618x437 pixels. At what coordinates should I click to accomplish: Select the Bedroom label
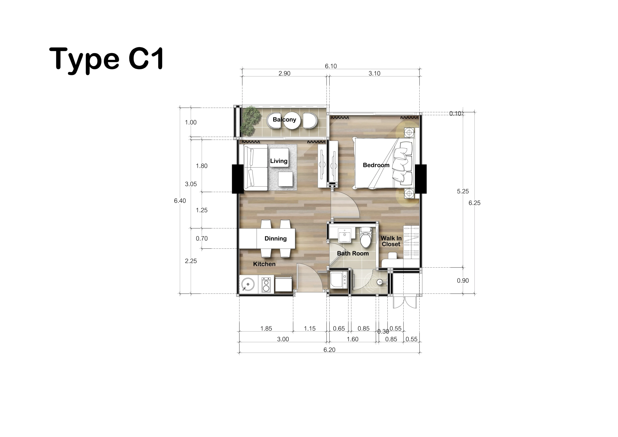[376, 165]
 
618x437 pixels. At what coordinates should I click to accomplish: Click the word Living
[279, 161]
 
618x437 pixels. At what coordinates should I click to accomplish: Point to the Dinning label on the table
[275, 238]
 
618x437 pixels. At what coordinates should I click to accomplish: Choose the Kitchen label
[264, 264]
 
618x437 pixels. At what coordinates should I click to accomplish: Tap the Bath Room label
[353, 253]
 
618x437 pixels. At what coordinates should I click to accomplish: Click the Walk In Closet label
[391, 241]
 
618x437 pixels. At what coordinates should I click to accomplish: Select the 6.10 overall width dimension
[331, 66]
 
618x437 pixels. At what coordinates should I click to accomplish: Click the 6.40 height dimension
[180, 201]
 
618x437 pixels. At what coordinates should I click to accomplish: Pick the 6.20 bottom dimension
[330, 350]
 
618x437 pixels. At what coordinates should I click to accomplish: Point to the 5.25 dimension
[463, 191]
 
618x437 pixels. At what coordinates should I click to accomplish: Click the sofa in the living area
[255, 167]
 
